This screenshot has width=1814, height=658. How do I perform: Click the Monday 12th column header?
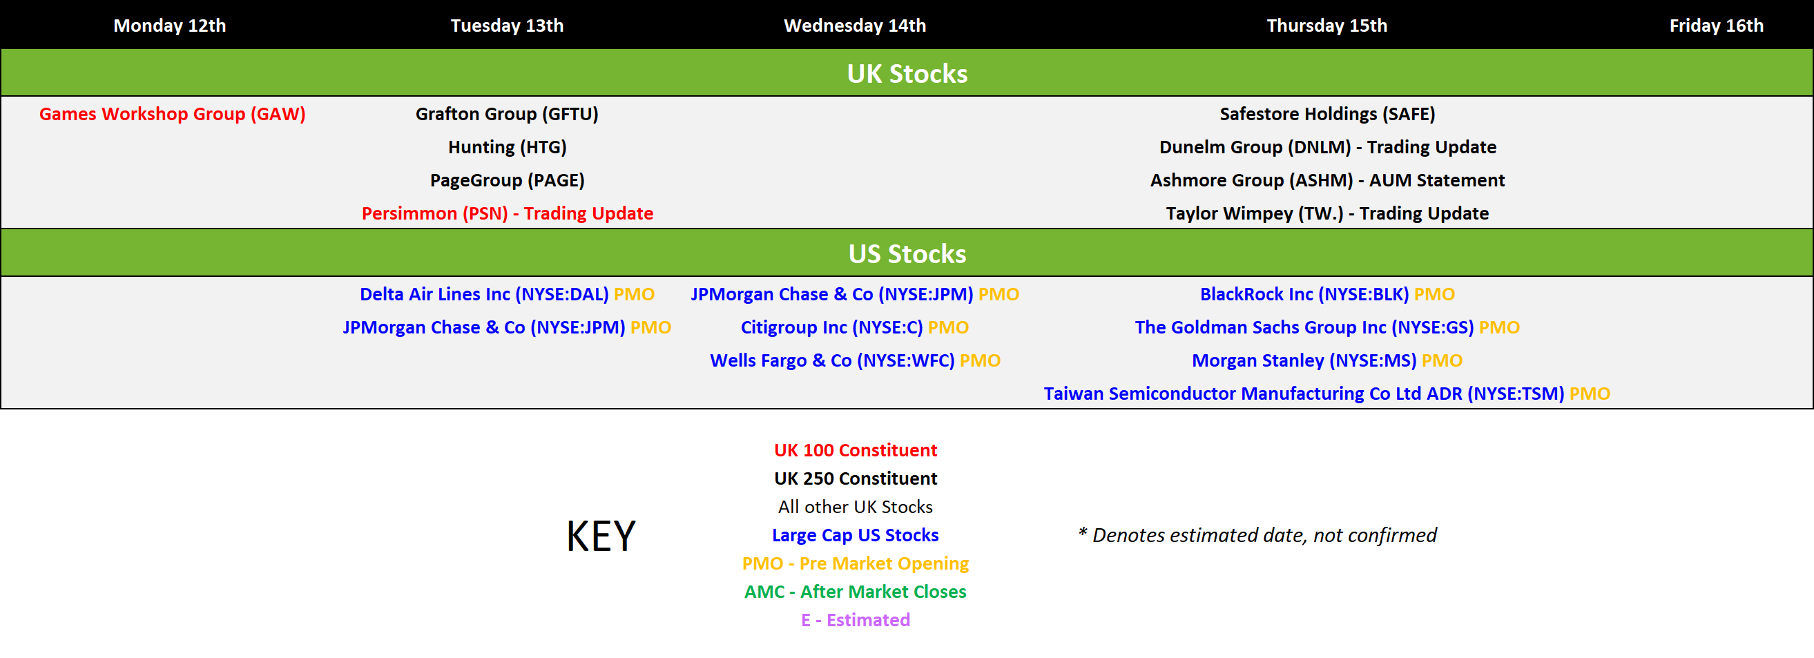[x=170, y=26]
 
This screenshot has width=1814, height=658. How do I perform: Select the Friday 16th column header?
[x=1716, y=26]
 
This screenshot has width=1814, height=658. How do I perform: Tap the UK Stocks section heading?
[x=907, y=73]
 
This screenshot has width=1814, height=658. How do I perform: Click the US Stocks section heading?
[x=907, y=253]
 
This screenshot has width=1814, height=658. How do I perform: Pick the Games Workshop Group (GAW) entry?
[x=173, y=114]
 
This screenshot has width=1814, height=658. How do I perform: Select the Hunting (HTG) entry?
[x=507, y=147]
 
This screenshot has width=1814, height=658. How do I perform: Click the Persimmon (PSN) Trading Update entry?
[x=507, y=213]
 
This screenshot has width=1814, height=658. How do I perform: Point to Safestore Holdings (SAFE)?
[x=1326, y=114]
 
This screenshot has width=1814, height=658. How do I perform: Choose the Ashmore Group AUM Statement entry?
[x=1326, y=180]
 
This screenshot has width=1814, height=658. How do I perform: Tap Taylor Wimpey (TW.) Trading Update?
[x=1326, y=213]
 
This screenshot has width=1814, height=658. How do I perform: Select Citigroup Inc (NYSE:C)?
[x=831, y=327]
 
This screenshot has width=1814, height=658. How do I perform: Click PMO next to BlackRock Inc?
[x=1434, y=295]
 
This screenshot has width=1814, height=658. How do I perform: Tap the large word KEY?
[x=601, y=536]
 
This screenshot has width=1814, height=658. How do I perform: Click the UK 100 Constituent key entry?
[x=855, y=450]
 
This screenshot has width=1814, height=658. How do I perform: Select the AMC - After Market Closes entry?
[x=855, y=592]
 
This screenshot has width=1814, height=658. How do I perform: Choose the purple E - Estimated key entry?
[x=855, y=620]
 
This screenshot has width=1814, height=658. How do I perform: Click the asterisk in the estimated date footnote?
[x=1082, y=532]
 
